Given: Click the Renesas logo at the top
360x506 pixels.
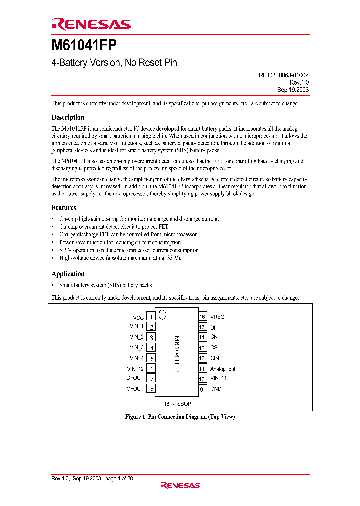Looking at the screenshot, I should [91, 24].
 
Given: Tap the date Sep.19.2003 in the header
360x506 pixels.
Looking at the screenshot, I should [293, 90].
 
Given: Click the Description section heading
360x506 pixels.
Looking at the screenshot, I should [68, 118].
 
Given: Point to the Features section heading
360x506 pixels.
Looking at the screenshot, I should [64, 207].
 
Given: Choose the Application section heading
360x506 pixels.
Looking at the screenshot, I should [68, 274].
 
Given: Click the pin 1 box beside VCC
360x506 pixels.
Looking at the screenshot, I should [151, 317].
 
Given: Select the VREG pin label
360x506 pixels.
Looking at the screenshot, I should [217, 317].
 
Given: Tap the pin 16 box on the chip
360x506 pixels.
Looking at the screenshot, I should [202, 317].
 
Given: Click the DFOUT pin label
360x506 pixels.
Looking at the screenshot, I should [135, 378].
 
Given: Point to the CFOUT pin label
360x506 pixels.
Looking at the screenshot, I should [135, 389].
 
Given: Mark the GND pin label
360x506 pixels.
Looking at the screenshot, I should [216, 389].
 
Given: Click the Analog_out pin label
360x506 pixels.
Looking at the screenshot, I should [223, 369].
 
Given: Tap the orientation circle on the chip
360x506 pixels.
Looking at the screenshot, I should [162, 315].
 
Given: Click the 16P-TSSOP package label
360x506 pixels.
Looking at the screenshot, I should [176, 403].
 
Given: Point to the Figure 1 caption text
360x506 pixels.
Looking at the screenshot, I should [180, 417].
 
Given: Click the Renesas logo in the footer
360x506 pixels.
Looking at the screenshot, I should [180, 485].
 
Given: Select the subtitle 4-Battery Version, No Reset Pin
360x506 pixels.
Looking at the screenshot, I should [114, 63].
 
